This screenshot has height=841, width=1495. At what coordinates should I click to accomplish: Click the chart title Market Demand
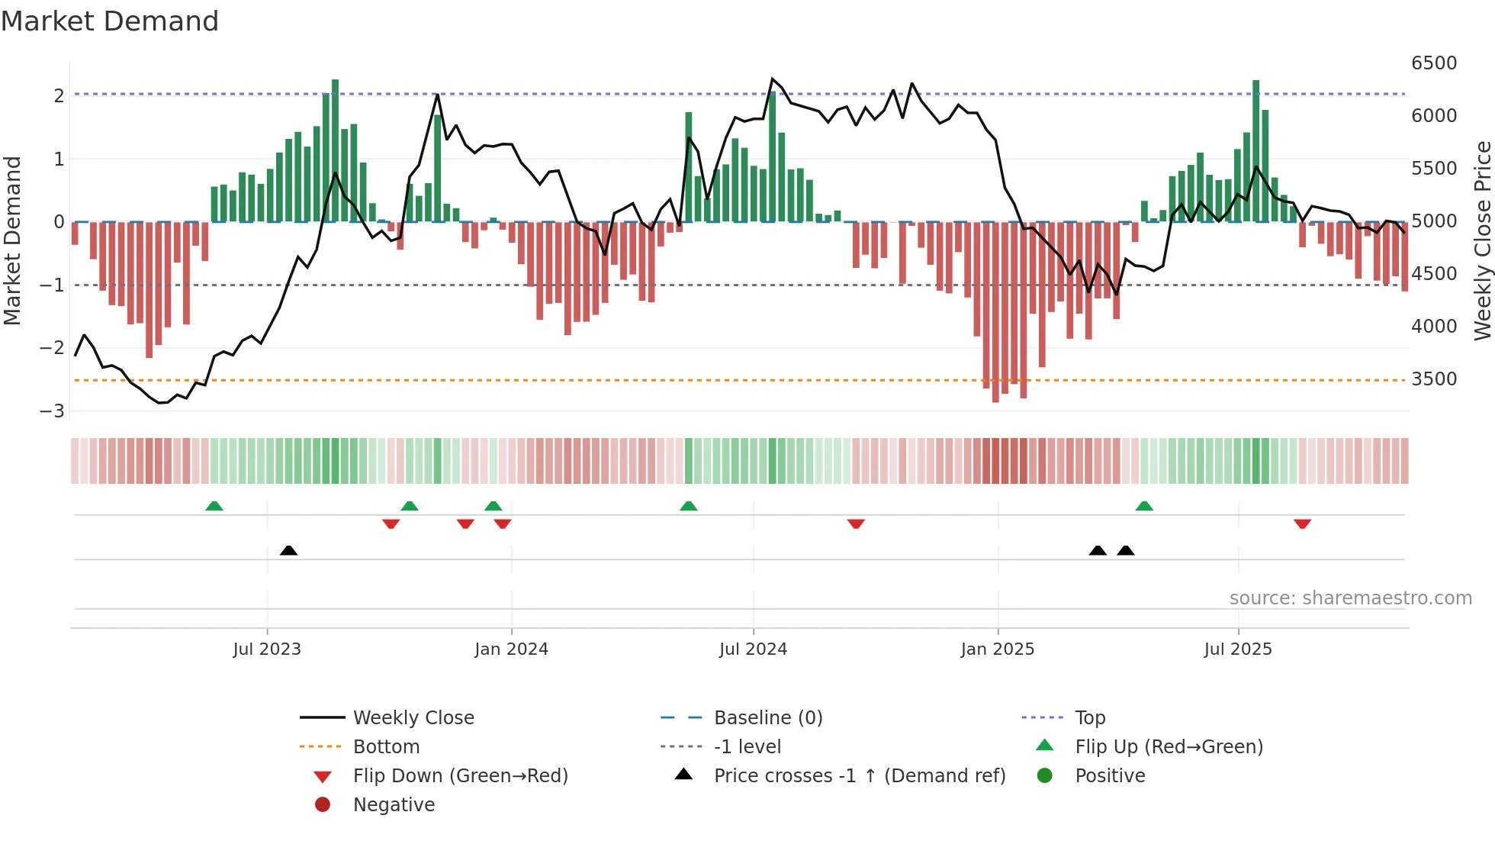point(110,21)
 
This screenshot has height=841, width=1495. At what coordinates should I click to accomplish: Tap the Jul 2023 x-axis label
point(267,649)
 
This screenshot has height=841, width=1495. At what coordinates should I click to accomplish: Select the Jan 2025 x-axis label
point(997,649)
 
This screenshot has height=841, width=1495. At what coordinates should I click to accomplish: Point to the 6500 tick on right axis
point(1434,63)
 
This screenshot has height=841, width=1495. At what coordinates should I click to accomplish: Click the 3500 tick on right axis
point(1434,379)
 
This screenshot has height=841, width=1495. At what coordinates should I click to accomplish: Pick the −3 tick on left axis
point(53,411)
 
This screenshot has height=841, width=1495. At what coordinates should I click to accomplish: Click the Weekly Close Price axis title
point(1482,240)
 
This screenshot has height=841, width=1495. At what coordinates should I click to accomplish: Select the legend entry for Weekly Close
point(413,718)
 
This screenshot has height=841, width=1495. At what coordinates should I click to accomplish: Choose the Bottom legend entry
point(386,747)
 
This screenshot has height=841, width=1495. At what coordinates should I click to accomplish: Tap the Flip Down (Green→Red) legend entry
point(460,776)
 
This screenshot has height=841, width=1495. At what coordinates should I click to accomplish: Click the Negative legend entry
point(394,805)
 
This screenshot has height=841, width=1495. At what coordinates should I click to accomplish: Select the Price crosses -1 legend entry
point(859,776)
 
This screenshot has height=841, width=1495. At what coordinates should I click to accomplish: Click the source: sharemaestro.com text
point(1350,598)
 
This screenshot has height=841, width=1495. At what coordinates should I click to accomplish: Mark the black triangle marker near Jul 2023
point(288,551)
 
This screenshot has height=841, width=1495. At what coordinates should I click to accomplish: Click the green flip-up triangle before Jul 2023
point(214,506)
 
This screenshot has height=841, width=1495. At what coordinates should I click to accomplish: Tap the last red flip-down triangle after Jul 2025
point(1302,524)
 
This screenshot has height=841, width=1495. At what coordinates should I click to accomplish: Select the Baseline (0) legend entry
point(767,718)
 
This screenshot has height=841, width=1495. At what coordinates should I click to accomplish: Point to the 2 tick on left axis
point(59,96)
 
